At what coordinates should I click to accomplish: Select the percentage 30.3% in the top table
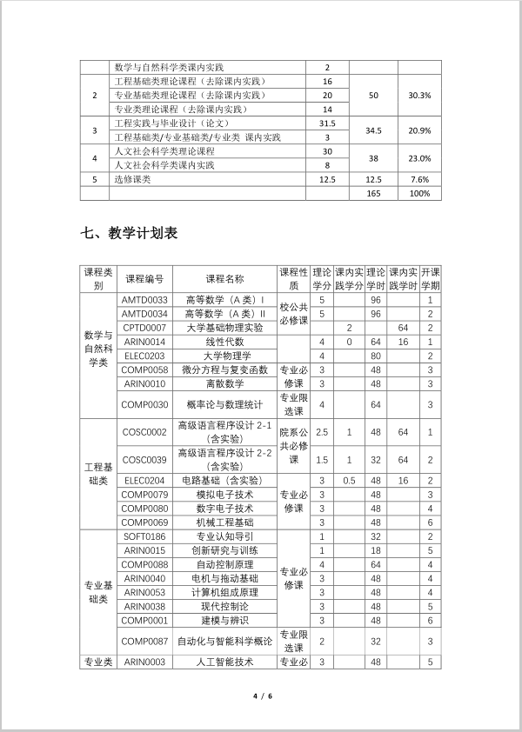tap(419, 95)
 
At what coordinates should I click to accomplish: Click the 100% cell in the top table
tap(419, 193)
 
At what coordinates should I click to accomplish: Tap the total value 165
tap(373, 193)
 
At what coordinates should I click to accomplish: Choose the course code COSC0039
tap(144, 460)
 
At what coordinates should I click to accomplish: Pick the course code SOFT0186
tap(144, 536)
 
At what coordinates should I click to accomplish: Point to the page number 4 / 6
tap(262, 696)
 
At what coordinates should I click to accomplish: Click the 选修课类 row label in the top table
tap(133, 179)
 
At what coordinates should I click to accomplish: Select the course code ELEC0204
tap(144, 480)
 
